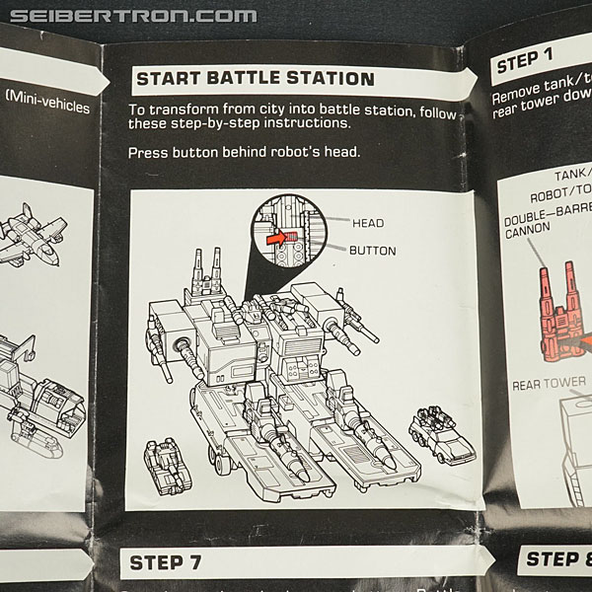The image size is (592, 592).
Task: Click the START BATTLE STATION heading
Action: pyautogui.click(x=254, y=78)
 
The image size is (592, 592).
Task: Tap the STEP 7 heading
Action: pyautogui.click(x=170, y=563)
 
